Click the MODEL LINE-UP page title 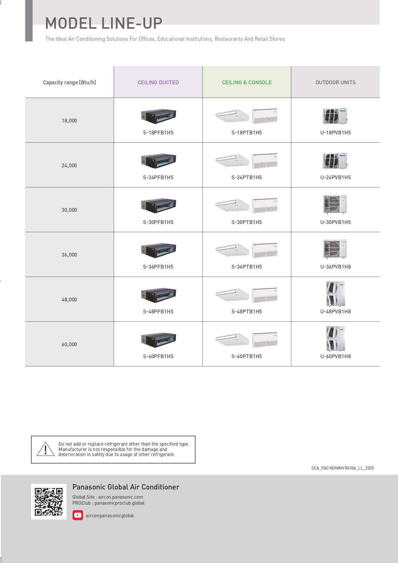tap(104, 23)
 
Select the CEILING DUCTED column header tap(158, 82)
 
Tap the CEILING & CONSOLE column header tap(247, 82)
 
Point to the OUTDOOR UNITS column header tap(335, 82)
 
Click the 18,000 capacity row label tap(69, 121)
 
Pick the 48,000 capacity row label tap(69, 299)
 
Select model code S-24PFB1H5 tap(158, 177)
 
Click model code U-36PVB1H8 tap(335, 267)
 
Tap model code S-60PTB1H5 tap(247, 356)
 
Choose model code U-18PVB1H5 tap(335, 133)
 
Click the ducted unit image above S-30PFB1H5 tap(159, 205)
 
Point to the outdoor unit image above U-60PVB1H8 tap(335, 338)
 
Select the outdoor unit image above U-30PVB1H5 tap(335, 204)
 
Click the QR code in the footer tap(49, 501)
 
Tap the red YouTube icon tap(78, 515)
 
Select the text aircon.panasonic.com tap(121, 497)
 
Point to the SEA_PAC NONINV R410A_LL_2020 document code tap(342, 468)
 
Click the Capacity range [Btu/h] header tap(69, 82)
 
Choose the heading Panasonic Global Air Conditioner tap(126, 487)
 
